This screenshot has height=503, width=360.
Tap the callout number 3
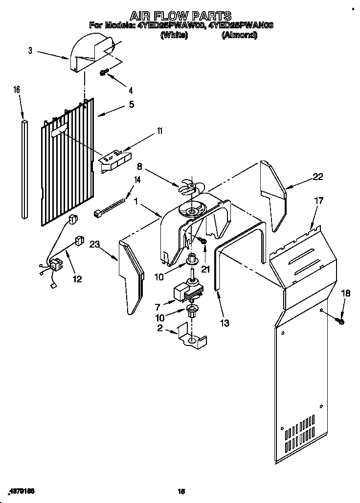pos(30,50)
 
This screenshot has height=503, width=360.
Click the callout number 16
pos(17,90)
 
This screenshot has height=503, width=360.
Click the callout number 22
pos(318,177)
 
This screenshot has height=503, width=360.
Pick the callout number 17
pos(318,200)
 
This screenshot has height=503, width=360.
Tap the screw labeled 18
pos(341,321)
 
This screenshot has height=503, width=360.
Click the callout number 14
pos(137,180)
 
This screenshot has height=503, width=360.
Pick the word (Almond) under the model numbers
pos(240,35)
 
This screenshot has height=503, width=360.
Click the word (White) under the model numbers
pos(174,35)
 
